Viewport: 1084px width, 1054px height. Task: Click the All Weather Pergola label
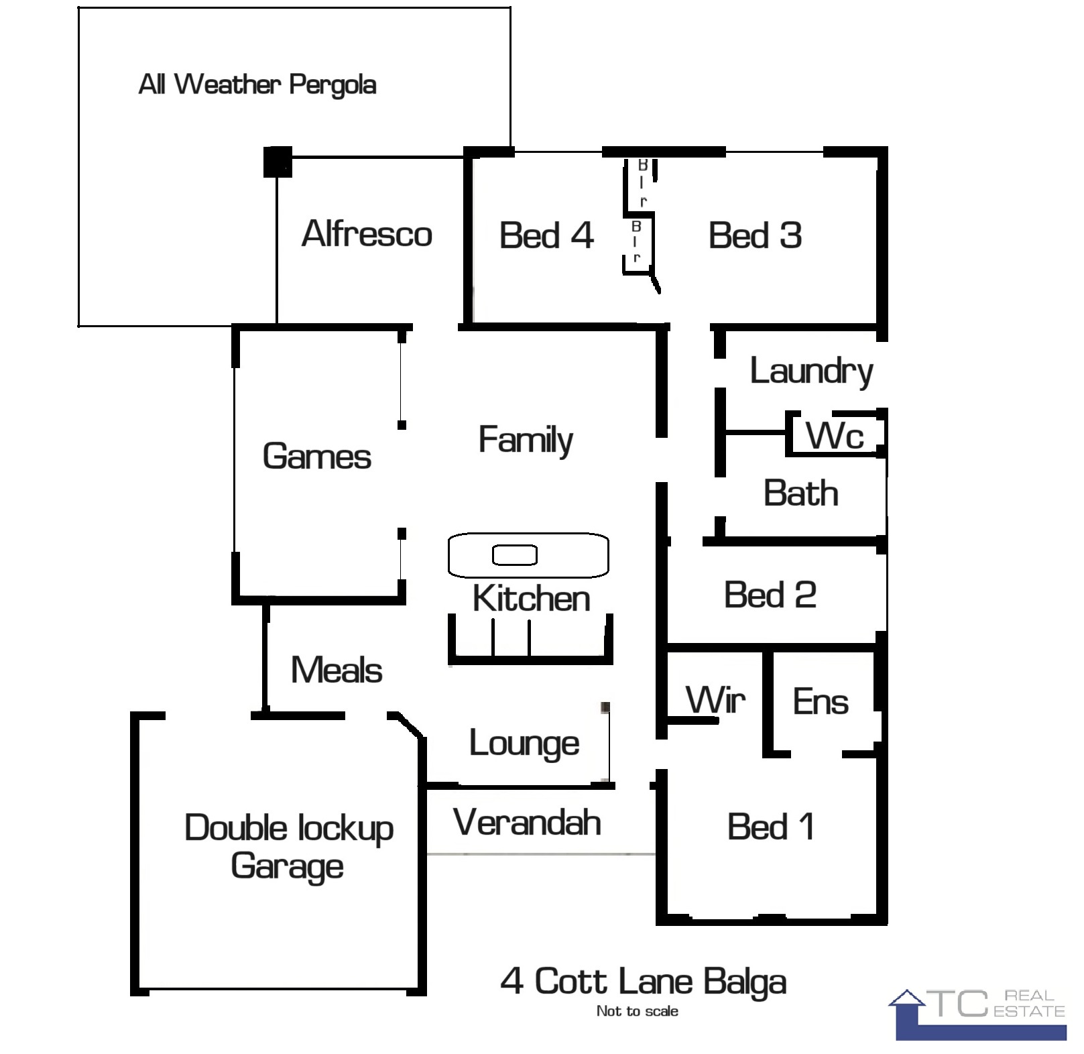[x=257, y=85]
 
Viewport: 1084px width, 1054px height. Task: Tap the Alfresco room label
[x=367, y=234]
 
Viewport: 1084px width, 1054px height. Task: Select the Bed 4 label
[x=546, y=235]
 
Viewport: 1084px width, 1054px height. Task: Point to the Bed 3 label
[x=755, y=235]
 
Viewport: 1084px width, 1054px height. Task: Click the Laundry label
[x=811, y=372]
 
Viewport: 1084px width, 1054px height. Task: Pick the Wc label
[x=835, y=436]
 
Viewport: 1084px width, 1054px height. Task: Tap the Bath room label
[x=801, y=493]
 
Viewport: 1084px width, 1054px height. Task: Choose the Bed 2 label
[x=770, y=595]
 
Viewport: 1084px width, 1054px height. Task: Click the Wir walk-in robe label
[x=715, y=700]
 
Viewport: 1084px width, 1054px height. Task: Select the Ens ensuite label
[x=821, y=702]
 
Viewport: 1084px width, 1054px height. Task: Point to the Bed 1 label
[x=771, y=827]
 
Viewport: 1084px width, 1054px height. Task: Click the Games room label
[x=316, y=457]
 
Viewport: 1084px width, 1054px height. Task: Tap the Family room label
[x=526, y=441]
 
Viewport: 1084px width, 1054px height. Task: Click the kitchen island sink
[x=515, y=555]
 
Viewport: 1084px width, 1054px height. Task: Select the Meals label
[x=337, y=670]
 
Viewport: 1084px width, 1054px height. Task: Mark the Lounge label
[x=524, y=744]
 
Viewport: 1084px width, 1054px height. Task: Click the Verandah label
[x=527, y=823]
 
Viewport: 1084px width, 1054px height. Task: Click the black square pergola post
[x=278, y=162]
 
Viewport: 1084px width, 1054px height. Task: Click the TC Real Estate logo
[x=977, y=1014]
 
